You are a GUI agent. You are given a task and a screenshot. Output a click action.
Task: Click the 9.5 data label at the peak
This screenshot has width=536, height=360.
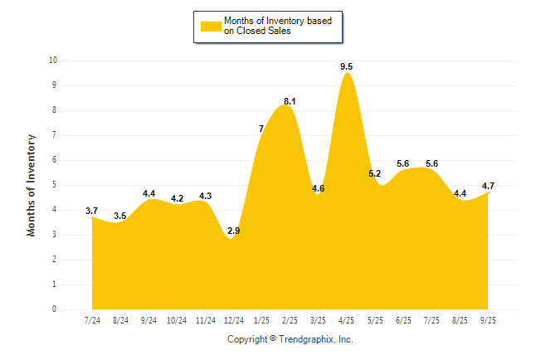(x=347, y=66)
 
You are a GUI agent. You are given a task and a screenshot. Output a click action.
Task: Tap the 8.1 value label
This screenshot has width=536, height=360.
(x=290, y=101)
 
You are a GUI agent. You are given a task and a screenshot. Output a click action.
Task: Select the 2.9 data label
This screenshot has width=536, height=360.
(x=233, y=231)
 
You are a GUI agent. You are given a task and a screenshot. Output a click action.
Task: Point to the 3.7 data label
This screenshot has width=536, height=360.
(x=92, y=211)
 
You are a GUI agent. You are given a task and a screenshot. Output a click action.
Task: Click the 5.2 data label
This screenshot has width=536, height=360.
(x=374, y=173)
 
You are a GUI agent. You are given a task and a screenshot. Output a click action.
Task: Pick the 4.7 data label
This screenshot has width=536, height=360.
(x=489, y=186)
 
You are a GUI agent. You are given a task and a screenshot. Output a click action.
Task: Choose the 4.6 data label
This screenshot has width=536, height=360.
(x=318, y=188)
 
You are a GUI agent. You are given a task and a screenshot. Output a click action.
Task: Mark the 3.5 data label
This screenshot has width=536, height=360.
(x=120, y=216)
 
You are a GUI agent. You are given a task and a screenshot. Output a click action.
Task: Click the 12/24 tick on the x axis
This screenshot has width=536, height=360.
(x=233, y=320)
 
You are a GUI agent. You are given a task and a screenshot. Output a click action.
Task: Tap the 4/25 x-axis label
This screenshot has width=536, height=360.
(x=347, y=320)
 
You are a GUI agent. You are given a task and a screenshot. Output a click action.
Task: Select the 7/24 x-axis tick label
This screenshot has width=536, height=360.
(x=92, y=320)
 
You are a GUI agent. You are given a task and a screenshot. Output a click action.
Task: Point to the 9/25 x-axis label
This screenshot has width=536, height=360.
(x=488, y=320)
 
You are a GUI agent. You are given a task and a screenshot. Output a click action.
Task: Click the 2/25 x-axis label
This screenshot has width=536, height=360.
(x=290, y=320)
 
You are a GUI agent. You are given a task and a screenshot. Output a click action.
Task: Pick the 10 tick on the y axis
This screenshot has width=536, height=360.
(x=52, y=61)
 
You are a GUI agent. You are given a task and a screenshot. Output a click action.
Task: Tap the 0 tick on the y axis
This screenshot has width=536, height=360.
(x=55, y=309)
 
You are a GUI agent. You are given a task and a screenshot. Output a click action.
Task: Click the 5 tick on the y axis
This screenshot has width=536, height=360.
(x=55, y=185)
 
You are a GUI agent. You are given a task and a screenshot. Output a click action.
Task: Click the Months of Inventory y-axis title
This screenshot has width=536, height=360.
(x=32, y=185)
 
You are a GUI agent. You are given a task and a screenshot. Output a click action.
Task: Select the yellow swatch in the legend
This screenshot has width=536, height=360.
(x=211, y=26)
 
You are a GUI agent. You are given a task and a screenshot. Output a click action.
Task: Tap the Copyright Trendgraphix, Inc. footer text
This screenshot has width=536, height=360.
(x=290, y=339)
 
